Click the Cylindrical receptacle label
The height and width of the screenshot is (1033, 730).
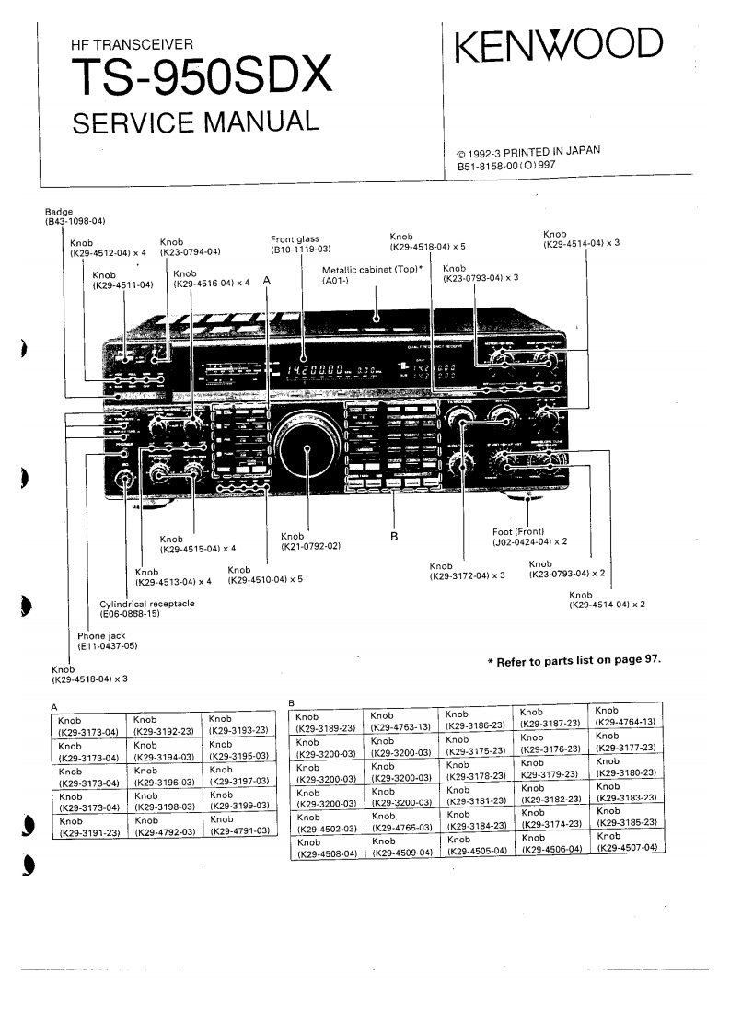coord(147,609)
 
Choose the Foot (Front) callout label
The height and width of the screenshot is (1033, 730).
coord(527,537)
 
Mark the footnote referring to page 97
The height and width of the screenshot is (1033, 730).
coord(574,660)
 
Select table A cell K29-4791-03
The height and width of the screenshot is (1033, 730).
coord(239,830)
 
